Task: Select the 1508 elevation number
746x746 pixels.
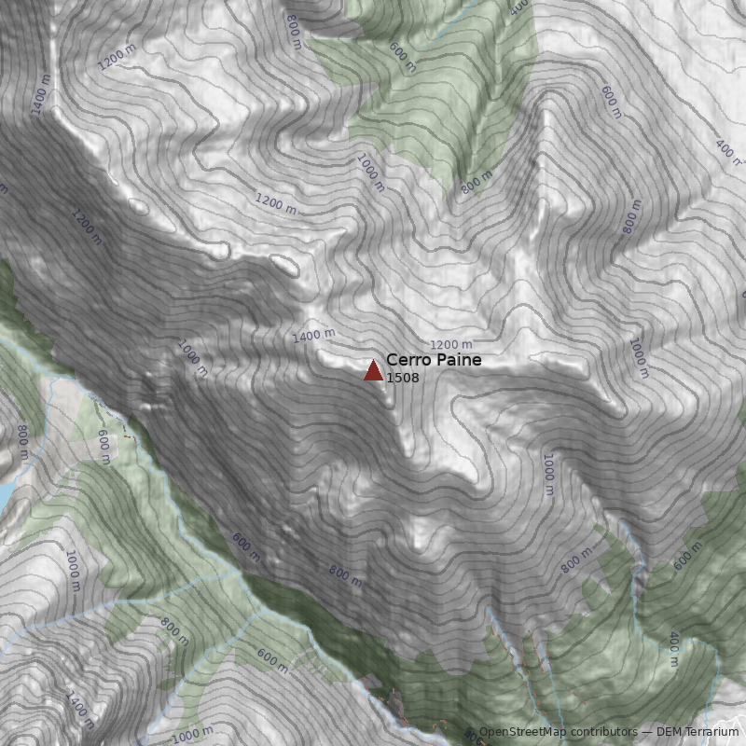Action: coord(402,378)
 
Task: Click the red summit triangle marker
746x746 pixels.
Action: coord(373,371)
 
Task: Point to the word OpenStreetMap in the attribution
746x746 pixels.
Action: coord(522,732)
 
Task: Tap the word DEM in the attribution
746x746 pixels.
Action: coord(670,732)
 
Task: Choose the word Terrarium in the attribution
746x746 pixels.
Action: coord(712,732)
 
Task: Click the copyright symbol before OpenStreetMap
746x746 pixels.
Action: coord(472,732)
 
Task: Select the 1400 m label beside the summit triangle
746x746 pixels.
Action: coord(313,335)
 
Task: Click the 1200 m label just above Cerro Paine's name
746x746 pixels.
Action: coord(450,345)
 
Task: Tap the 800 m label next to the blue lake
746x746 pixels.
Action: coord(21,444)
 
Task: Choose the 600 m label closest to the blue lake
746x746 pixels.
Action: coord(104,446)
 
